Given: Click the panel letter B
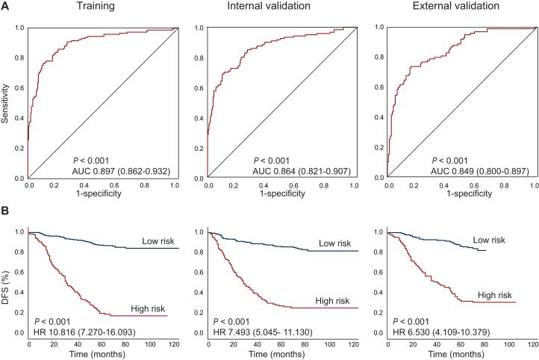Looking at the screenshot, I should tap(6, 211).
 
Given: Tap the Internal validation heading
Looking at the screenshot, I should tap(281, 7).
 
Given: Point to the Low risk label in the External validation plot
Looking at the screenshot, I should tap(489, 240).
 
